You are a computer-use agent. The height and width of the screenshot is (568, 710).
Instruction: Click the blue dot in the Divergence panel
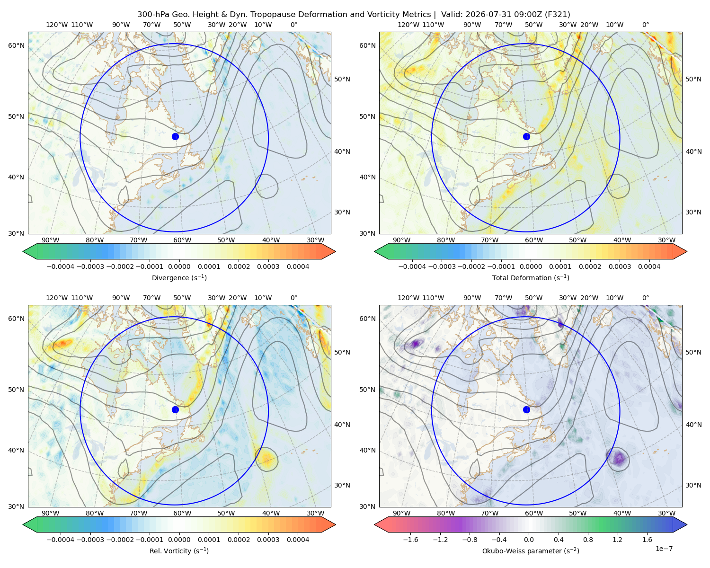(x=175, y=136)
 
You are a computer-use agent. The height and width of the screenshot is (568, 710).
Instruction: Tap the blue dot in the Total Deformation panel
(x=526, y=136)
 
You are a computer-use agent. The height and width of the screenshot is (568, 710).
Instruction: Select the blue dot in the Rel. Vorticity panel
(x=175, y=409)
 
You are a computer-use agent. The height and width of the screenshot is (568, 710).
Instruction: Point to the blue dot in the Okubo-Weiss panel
(x=526, y=409)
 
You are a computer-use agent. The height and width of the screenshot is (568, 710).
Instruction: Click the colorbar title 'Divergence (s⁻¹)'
(x=179, y=277)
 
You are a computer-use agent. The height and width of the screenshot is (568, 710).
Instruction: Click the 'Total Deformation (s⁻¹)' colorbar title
(x=531, y=277)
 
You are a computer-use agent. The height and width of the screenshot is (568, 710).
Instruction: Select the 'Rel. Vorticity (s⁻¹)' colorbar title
(x=179, y=551)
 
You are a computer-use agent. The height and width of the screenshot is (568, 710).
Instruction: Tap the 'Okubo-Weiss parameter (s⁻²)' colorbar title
(x=531, y=551)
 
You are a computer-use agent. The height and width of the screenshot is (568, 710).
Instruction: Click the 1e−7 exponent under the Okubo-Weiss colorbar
(x=664, y=549)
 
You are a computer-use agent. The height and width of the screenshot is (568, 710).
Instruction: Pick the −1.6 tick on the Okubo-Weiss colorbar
(x=410, y=540)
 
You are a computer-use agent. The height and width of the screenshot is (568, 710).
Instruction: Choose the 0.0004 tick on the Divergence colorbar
(x=298, y=266)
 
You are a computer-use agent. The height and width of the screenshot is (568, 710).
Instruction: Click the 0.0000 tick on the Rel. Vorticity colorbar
(x=179, y=540)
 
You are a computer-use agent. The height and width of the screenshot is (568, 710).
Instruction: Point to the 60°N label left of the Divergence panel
(x=16, y=45)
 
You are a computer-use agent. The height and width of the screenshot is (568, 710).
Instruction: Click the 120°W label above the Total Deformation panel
(x=408, y=25)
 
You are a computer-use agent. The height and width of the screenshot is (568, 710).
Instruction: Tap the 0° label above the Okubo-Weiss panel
(x=646, y=298)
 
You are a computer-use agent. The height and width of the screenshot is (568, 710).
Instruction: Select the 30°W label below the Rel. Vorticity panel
(x=316, y=513)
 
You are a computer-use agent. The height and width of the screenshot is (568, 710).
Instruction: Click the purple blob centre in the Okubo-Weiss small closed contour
(x=619, y=459)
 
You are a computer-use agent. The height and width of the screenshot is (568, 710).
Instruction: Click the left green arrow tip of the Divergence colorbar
(x=23, y=251)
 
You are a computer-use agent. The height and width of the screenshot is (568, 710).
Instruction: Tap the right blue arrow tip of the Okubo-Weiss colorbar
(x=687, y=524)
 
